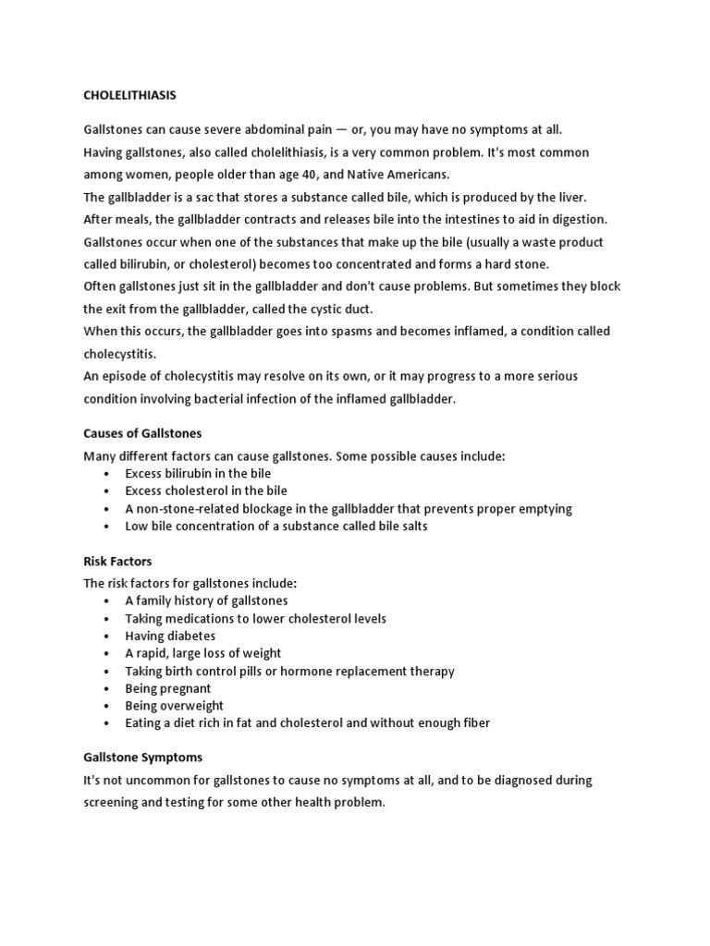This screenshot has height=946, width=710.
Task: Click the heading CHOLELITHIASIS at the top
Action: click(129, 94)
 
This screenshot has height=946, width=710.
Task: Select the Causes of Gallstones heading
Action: click(142, 432)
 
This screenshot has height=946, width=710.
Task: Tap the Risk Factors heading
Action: click(117, 561)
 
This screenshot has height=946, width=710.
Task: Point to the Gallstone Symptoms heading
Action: click(142, 757)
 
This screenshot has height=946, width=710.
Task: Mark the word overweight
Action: click(196, 706)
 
